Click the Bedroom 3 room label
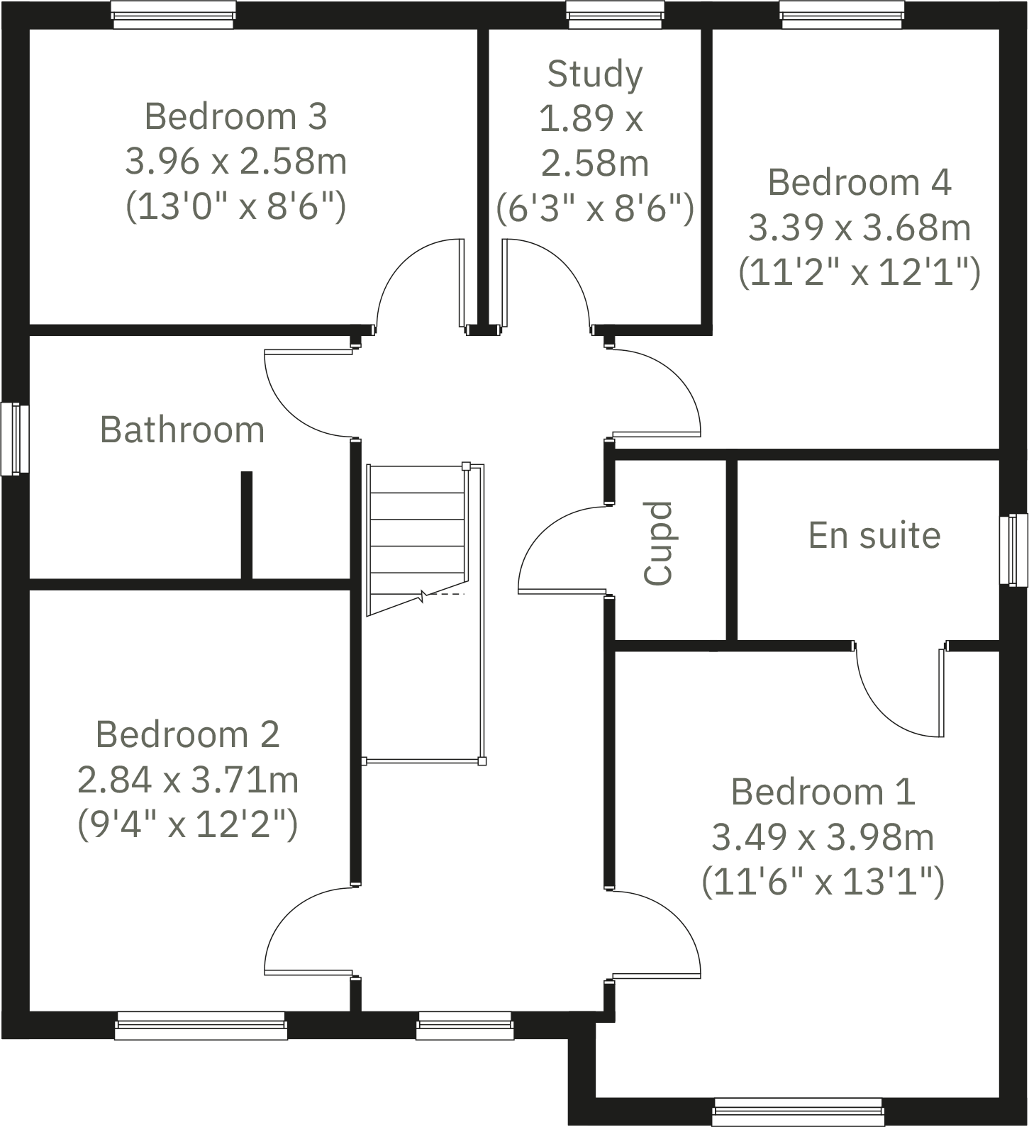click(x=235, y=117)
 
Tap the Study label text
click(x=595, y=74)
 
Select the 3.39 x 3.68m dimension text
click(x=860, y=228)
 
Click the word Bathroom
click(x=182, y=430)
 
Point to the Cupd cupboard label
click(x=657, y=544)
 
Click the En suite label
click(x=874, y=535)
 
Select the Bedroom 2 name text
click(x=188, y=734)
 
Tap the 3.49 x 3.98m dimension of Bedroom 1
click(x=823, y=838)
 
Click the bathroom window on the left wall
click(x=14, y=439)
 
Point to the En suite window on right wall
click(x=1014, y=550)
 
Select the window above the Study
click(x=616, y=15)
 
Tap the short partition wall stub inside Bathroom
click(x=247, y=525)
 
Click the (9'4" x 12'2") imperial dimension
click(x=187, y=824)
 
